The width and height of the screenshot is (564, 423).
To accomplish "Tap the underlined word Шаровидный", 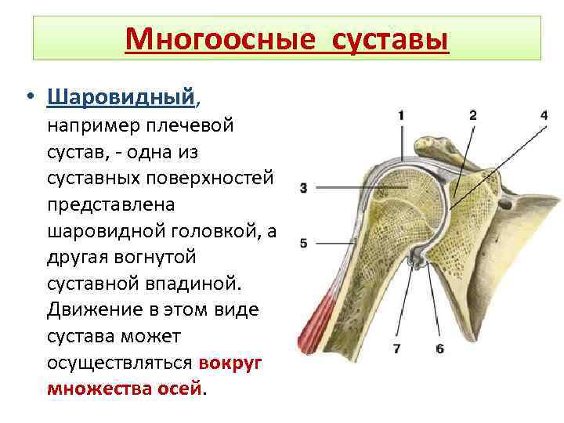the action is [120, 97].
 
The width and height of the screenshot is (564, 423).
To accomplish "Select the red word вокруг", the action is [231, 363].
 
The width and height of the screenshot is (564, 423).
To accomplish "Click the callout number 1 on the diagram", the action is [401, 114].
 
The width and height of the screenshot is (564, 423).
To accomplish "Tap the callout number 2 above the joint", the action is [473, 114].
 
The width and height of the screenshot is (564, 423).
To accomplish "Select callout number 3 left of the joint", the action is [303, 187].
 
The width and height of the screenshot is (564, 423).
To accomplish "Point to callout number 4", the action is [544, 114].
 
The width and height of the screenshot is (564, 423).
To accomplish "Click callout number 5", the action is [303, 243].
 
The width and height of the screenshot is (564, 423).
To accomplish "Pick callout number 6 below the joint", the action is [439, 348].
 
